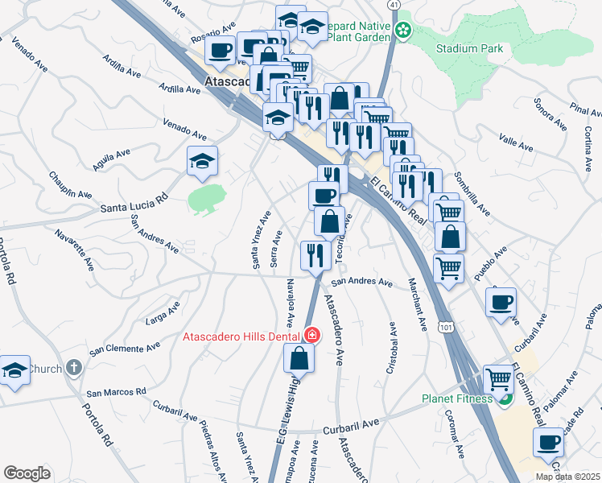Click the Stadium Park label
tap(469, 48)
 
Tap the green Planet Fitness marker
tap(505, 398)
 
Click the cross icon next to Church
tap(73, 369)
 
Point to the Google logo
tap(27, 473)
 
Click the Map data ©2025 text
tap(567, 477)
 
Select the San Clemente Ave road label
tap(125, 349)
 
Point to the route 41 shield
tap(393, 5)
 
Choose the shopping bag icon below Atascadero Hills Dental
tap(298, 358)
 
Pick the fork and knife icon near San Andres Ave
tap(315, 255)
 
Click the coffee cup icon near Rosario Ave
tap(219, 50)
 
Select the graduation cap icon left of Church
tap(14, 369)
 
